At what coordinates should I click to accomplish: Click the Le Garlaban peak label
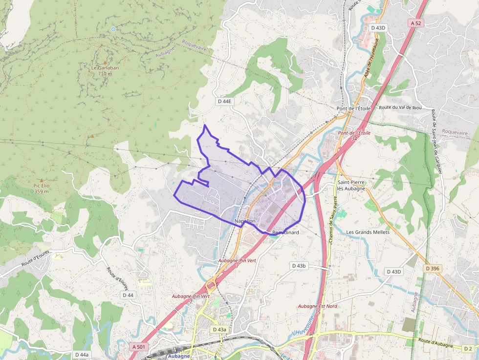point(105,71)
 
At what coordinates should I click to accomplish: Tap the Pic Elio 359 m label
point(42,189)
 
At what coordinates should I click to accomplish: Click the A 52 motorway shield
point(415,23)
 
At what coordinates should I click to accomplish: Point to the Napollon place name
point(245,221)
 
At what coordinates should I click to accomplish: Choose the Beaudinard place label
point(285,233)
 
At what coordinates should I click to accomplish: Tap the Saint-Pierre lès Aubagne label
point(351,186)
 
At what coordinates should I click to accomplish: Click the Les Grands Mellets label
point(368,232)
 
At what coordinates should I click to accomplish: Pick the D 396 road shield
point(433,268)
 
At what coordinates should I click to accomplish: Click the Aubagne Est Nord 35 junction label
point(318,309)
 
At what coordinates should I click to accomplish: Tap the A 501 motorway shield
point(139,346)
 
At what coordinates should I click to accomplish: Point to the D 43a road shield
point(219,330)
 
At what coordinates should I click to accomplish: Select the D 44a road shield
point(82,355)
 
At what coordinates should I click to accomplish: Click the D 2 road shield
point(468,348)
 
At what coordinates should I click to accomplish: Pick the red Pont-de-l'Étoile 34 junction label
point(354,135)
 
